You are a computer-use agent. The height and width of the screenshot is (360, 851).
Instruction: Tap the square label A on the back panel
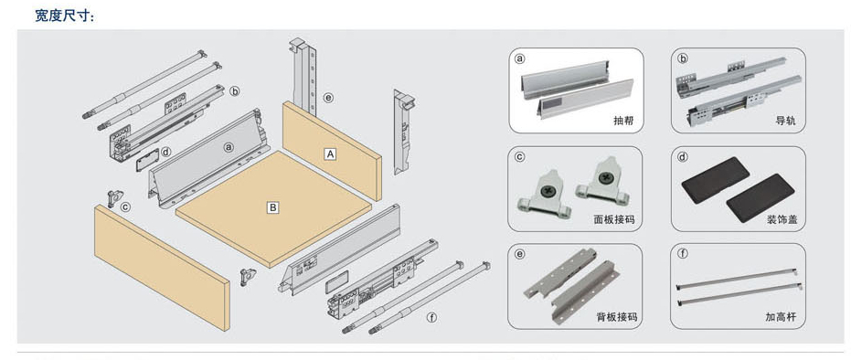[330, 154]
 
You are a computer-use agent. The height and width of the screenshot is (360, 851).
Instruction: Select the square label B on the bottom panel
[273, 207]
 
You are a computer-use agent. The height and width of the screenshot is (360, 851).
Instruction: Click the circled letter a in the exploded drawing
[229, 147]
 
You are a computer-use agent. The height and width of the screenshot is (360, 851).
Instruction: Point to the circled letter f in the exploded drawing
[431, 318]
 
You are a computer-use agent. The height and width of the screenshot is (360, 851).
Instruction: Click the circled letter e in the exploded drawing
[328, 98]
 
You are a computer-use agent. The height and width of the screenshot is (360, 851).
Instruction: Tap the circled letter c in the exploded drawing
[125, 206]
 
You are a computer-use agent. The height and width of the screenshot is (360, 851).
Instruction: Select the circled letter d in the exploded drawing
[166, 153]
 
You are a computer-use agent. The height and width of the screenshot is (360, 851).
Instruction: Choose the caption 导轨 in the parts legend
[785, 122]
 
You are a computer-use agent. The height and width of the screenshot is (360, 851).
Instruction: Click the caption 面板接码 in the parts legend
[614, 220]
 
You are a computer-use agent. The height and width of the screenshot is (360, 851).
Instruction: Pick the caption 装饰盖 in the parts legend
[782, 220]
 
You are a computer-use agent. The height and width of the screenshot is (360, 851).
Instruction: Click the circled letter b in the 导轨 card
[684, 58]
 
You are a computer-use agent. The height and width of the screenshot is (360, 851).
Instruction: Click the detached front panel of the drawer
[162, 266]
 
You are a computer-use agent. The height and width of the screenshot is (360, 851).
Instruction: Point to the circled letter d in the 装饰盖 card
[683, 157]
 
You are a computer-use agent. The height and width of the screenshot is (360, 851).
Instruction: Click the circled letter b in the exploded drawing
[234, 91]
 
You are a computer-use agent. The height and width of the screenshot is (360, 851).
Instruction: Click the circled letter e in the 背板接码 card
[520, 254]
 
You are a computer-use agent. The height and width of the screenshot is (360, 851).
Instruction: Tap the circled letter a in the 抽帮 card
[520, 58]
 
